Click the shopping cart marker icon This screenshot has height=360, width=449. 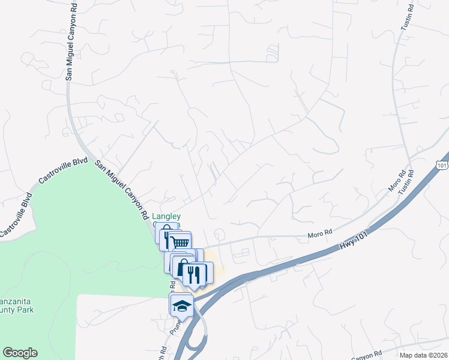[x=179, y=242]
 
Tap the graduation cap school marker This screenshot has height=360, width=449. [x=181, y=305]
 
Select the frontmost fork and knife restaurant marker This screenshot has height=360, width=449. [x=194, y=274]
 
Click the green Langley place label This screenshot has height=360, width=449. [x=166, y=217]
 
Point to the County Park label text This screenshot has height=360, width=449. [x=17, y=310]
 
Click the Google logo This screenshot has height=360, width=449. [x=20, y=353]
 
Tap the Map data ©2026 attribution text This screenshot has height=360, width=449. [x=424, y=355]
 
